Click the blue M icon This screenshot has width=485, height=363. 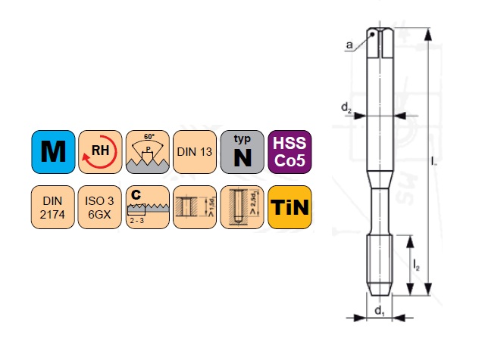53,151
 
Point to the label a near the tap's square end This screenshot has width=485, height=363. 349,46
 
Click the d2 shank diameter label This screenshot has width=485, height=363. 346,110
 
